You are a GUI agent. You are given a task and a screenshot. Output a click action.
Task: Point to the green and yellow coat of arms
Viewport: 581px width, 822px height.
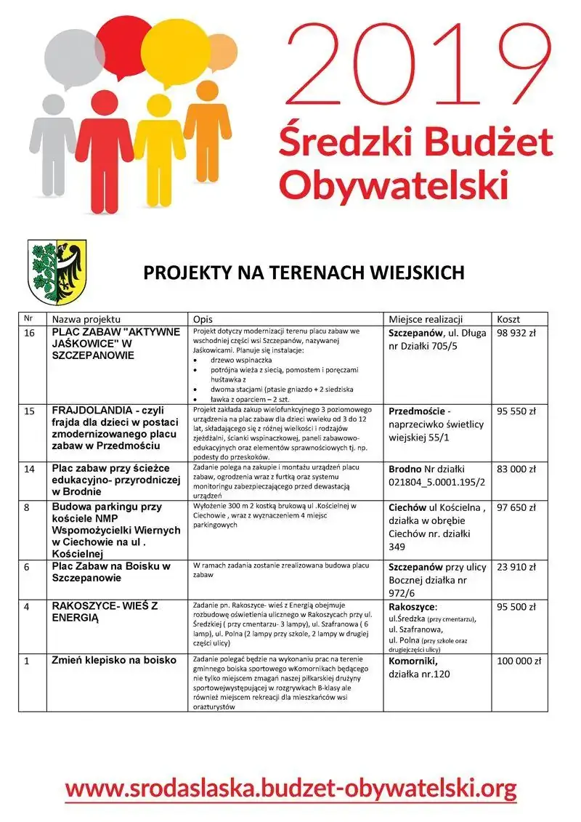tap(57, 272)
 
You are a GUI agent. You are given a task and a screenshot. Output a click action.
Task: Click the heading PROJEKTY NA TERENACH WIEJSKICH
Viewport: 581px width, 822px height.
tap(304, 273)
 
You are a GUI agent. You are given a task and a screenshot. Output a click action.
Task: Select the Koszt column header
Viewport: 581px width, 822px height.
tap(508, 319)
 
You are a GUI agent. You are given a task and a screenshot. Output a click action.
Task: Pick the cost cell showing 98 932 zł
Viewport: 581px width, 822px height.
tap(516, 332)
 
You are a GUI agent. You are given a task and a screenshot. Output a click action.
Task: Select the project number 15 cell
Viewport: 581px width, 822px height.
tap(30, 411)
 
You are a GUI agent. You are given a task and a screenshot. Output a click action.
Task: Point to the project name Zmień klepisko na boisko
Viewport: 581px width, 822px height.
tap(114, 661)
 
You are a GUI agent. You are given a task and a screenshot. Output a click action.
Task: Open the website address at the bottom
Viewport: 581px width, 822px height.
tap(290, 787)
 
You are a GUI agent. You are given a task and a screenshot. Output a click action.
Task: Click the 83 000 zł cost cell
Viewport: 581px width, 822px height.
tap(516, 469)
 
